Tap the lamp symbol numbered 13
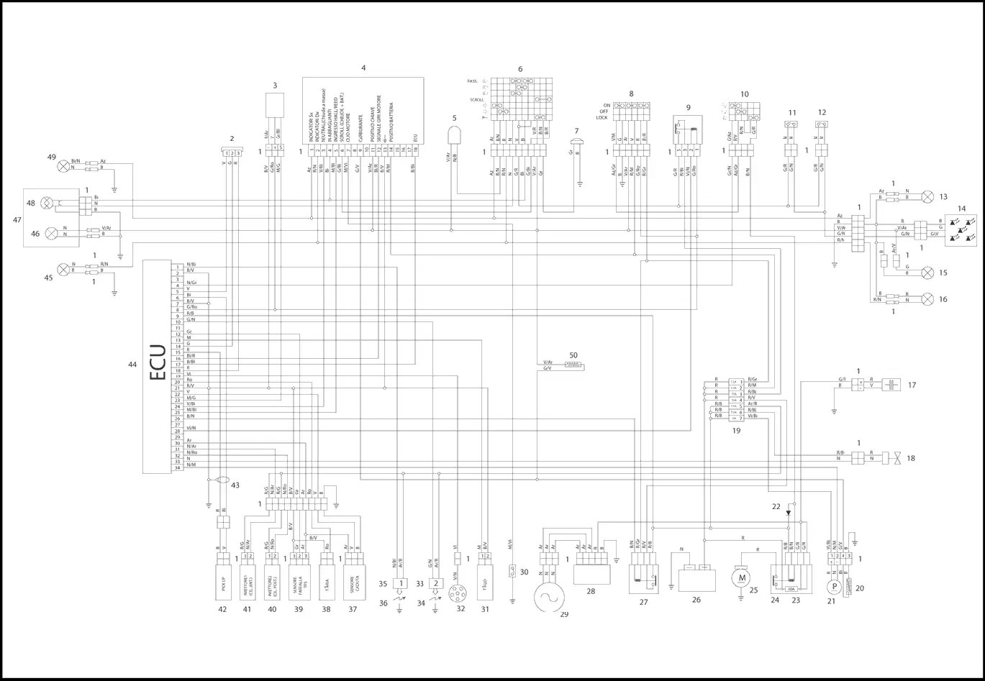tap(927, 196)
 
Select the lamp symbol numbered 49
tap(64, 165)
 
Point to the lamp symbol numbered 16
tap(927, 298)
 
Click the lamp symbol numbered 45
tap(64, 269)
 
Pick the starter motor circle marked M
tap(740, 576)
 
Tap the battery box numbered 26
tap(693, 577)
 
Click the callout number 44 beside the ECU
tap(132, 365)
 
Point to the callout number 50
tap(573, 356)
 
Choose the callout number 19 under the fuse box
tap(736, 431)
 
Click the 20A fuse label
tap(791, 588)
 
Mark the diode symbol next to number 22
tap(789, 513)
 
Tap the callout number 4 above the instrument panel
tap(363, 68)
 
